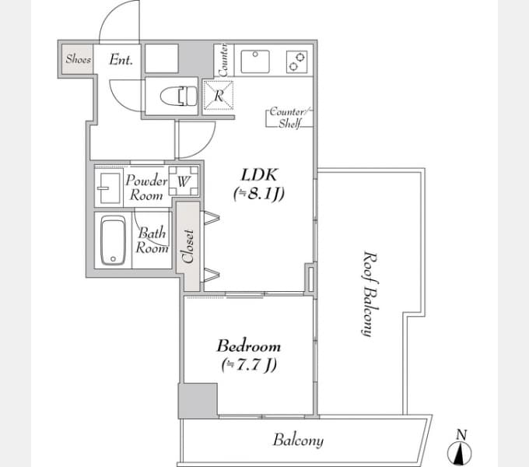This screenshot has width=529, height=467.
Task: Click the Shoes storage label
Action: pyautogui.click(x=79, y=59)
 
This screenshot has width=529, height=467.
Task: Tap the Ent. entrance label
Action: pyautogui.click(x=121, y=60)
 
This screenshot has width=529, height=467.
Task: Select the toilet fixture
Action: pyautogui.click(x=178, y=97)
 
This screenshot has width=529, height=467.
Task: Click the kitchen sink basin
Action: pyautogui.click(x=255, y=61)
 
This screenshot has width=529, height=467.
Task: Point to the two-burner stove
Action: pyautogui.click(x=297, y=61)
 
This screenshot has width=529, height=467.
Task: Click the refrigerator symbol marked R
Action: pyautogui.click(x=219, y=95)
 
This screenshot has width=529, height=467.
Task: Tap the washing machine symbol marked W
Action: pyautogui.click(x=184, y=181)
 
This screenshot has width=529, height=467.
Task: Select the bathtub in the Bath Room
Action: pyautogui.click(x=114, y=241)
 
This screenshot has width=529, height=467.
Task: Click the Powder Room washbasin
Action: pyautogui.click(x=108, y=188)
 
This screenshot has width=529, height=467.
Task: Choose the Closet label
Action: pyautogui.click(x=188, y=246)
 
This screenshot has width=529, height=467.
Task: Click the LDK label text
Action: pyautogui.click(x=259, y=175)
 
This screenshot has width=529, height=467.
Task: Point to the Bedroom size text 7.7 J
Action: pyautogui.click(x=249, y=365)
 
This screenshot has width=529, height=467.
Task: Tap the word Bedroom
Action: pyautogui.click(x=249, y=346)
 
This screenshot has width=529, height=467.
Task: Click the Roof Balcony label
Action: pyautogui.click(x=370, y=293)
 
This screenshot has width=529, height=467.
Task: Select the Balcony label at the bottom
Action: pyautogui.click(x=298, y=441)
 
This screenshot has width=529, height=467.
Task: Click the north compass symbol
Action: pyautogui.click(x=460, y=448)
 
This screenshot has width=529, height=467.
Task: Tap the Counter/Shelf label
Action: pyautogui.click(x=290, y=118)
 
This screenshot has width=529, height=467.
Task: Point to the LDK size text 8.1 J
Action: pyautogui.click(x=259, y=194)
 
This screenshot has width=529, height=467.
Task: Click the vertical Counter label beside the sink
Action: pyautogui.click(x=223, y=60)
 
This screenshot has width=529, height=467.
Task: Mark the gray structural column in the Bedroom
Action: pyautogui.click(x=198, y=401)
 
